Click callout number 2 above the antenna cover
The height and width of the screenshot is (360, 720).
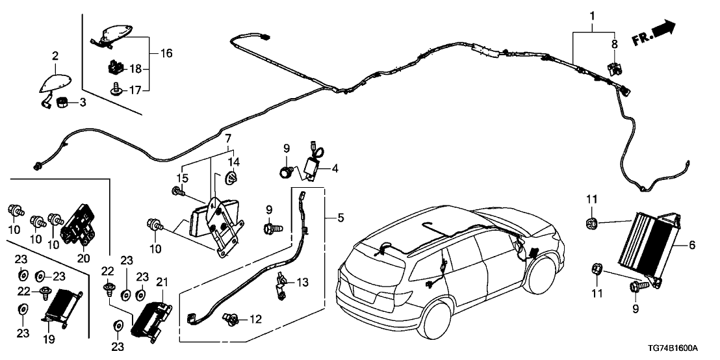[55, 56]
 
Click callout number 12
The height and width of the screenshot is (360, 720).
[256, 319]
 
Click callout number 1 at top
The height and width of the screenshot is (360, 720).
[591, 14]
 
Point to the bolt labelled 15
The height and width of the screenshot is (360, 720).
[176, 191]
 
